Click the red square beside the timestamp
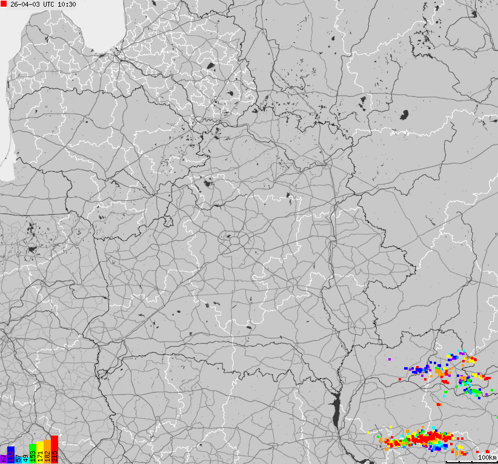4,4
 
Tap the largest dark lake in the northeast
405,114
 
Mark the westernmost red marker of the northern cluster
400,379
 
